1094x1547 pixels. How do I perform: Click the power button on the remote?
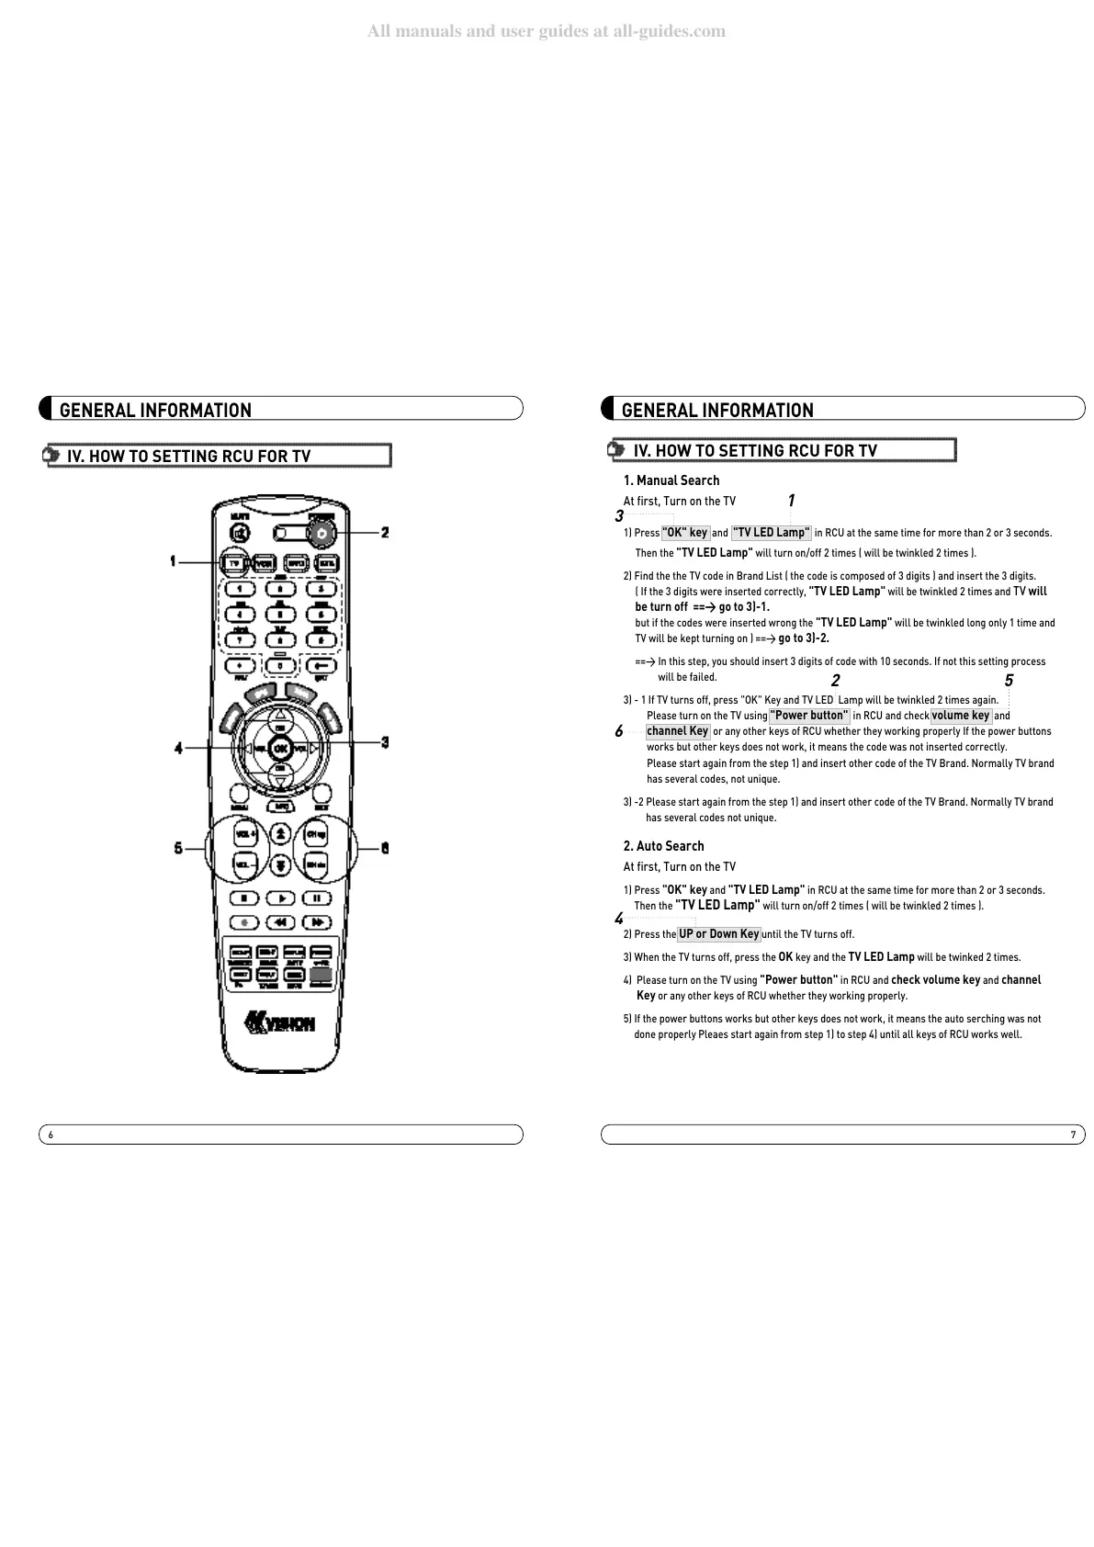coord(321,533)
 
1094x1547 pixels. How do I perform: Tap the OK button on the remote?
coord(281,747)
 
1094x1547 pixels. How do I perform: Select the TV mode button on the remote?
coord(234,562)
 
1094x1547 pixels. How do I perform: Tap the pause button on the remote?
coord(316,898)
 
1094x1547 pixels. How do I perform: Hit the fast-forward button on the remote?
coord(316,921)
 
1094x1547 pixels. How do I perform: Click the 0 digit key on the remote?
coord(280,665)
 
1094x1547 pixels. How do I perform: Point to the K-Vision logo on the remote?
coord(280,1022)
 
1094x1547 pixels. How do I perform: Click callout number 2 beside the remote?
coord(385,533)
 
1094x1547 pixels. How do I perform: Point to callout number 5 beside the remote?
coord(178,848)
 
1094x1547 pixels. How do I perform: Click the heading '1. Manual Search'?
coord(671,480)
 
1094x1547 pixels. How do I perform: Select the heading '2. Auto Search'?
coord(663,846)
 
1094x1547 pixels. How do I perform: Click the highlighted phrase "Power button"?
coord(809,716)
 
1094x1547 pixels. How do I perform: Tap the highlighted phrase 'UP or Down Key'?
coord(719,934)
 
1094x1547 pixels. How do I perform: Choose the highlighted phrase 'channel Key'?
coord(678,731)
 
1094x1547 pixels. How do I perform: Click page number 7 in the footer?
coord(1072,1135)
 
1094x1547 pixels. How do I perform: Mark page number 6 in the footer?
coord(51,1135)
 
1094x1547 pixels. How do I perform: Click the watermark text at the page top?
coord(547,31)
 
